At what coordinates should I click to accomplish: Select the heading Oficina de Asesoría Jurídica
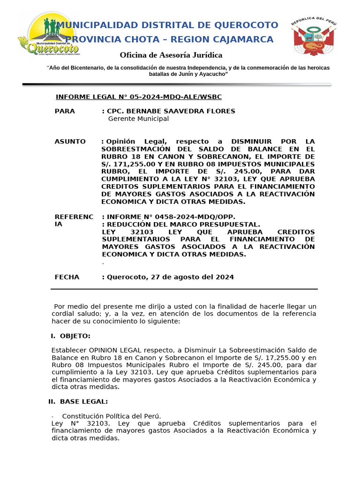[171, 55]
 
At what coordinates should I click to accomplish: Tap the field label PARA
[65, 111]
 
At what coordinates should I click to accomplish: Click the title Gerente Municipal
[138, 119]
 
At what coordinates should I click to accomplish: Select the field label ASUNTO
[70, 142]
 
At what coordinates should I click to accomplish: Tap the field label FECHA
[67, 277]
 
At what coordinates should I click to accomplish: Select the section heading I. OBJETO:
[71, 336]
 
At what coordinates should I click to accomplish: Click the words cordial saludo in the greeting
[75, 314]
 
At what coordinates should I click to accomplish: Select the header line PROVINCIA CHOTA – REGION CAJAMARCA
[169, 39]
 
